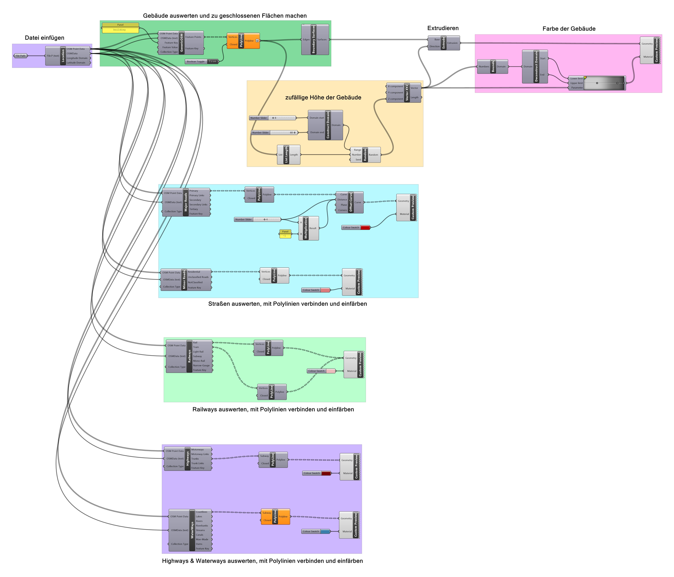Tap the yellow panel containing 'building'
tap(120, 30)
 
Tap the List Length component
tap(286, 155)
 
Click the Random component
tap(365, 155)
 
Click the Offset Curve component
tap(351, 202)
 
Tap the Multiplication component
tap(306, 228)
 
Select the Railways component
tap(189, 356)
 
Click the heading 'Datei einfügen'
tap(45, 38)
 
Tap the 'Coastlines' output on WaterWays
tap(202, 512)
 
